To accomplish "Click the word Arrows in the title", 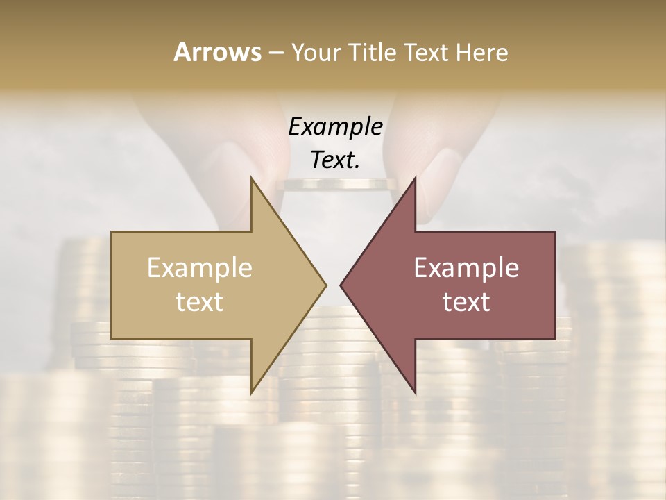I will [216, 52].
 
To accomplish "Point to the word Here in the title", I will [482, 52].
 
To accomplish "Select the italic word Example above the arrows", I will [335, 127].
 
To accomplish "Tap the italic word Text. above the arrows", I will [335, 160].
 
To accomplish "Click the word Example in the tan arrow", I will [200, 268].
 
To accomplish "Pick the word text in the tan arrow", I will [200, 302].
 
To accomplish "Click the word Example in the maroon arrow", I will [466, 268].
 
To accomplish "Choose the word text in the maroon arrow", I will [466, 302].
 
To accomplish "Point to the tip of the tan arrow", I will [325, 285].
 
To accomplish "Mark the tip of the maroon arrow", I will [341, 285].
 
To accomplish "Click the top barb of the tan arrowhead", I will [253, 182].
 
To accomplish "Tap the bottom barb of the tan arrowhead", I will [253, 389].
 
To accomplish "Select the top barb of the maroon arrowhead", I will [413, 182].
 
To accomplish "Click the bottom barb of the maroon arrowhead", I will [413, 389].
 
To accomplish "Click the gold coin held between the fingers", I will [336, 185].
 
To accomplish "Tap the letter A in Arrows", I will [182, 52].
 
